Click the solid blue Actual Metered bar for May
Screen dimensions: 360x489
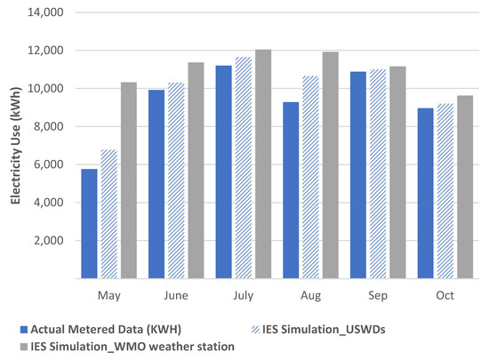(90, 223)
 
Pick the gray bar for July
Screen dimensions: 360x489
(262, 164)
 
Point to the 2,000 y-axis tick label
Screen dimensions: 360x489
(49, 241)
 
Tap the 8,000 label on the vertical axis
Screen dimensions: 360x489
(49, 127)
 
